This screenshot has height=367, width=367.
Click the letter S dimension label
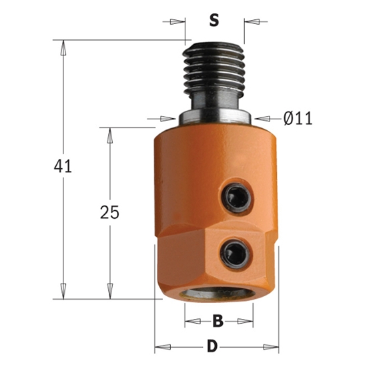(214, 21)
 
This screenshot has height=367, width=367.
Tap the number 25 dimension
(109, 213)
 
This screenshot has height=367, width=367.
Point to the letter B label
(217, 322)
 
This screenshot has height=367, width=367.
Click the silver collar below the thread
(215, 118)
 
